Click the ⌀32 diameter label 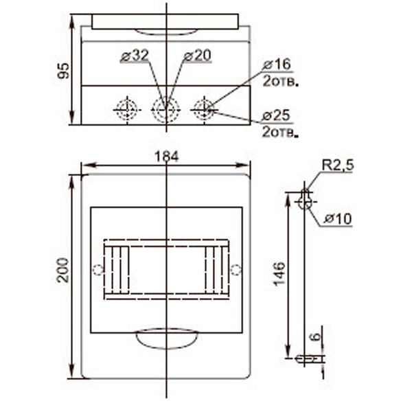pyautogui.click(x=135, y=56)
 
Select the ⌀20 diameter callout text pyautogui.click(x=197, y=56)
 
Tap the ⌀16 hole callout pyautogui.click(x=277, y=65)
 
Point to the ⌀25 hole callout pyautogui.click(x=277, y=115)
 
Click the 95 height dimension pyautogui.click(x=63, y=71)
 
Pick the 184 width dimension pyautogui.click(x=167, y=157)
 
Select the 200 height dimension pyautogui.click(x=63, y=271)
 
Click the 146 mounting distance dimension pyautogui.click(x=279, y=273)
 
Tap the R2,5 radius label pyautogui.click(x=338, y=165)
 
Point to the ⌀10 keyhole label pyautogui.click(x=338, y=218)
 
